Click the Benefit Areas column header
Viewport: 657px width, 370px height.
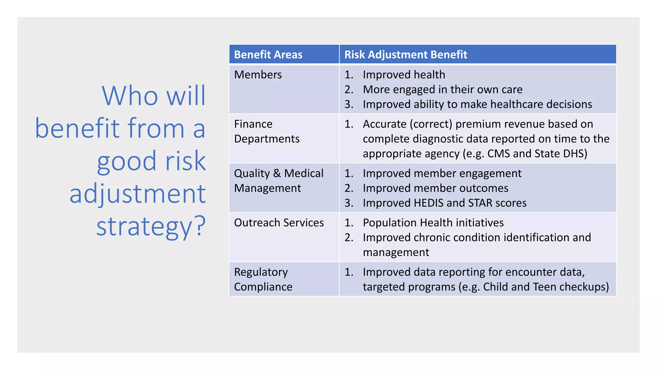[x=268, y=55]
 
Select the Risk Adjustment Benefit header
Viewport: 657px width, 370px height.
[x=405, y=55]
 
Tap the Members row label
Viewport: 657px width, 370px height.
[x=258, y=75]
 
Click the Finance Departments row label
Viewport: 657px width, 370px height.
[x=267, y=131]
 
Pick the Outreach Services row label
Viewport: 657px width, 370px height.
[x=279, y=223]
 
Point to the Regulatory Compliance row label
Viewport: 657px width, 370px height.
[x=263, y=279]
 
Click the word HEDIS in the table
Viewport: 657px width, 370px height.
[x=424, y=203]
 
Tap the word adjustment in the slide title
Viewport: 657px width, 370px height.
[x=138, y=194]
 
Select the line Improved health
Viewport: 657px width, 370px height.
[x=404, y=75]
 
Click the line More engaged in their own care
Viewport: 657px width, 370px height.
[x=442, y=90]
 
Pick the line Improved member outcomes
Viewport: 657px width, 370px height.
[x=435, y=188]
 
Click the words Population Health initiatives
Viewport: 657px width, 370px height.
[x=433, y=223]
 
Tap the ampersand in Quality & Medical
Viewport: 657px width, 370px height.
[x=277, y=173]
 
